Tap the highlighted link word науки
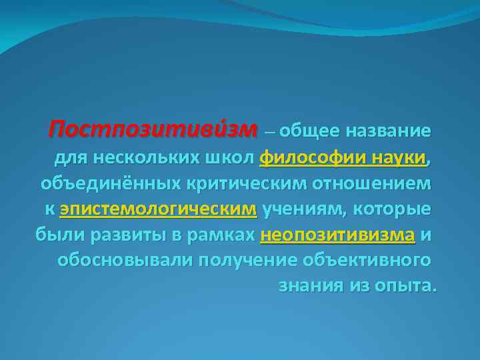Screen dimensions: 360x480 point(391,159)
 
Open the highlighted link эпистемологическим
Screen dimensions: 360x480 point(158,209)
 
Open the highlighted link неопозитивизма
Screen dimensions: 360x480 point(338,235)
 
